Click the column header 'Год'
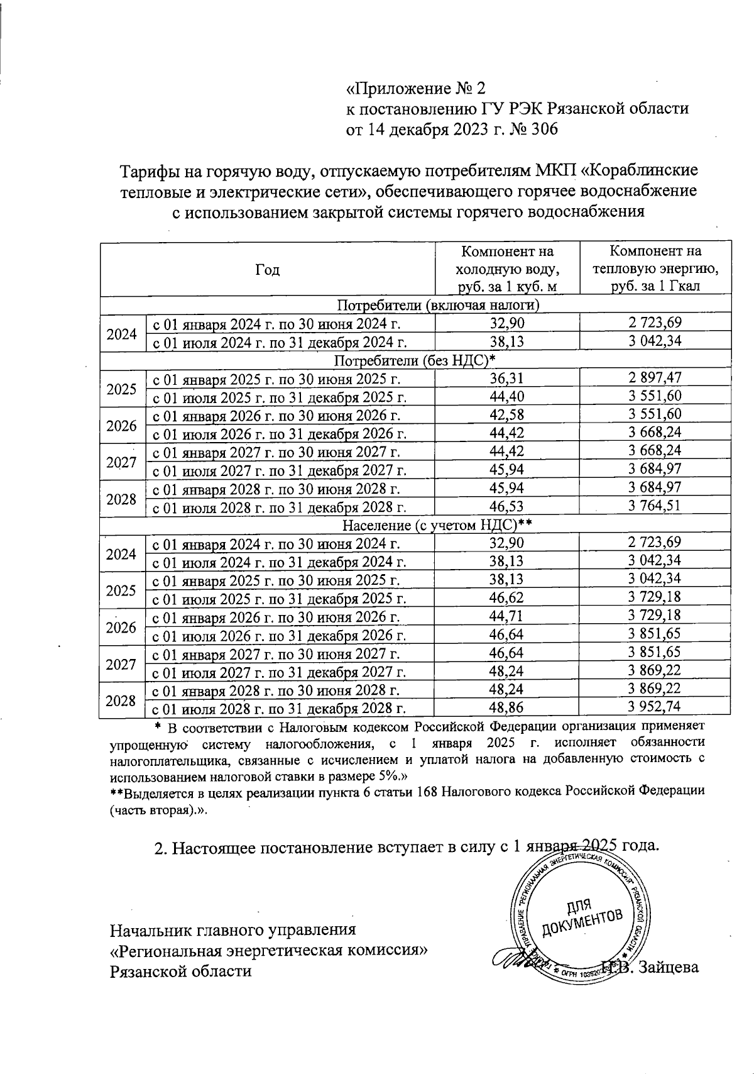coord(268,270)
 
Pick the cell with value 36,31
coord(507,378)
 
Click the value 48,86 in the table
coord(507,707)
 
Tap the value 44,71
coord(507,616)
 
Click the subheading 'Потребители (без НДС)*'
coord(415,360)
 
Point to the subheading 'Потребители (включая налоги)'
coord(439,306)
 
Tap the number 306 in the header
coord(540,130)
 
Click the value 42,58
coord(507,415)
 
